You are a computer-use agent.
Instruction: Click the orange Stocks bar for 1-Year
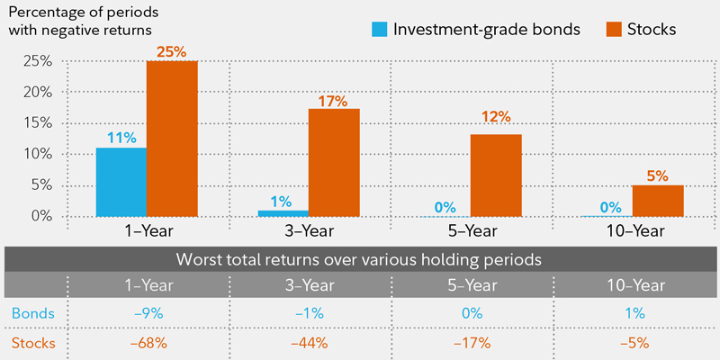[172, 139]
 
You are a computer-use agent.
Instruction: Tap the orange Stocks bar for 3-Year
[334, 162]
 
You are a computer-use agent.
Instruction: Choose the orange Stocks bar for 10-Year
[658, 200]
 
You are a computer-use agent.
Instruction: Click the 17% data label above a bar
[334, 101]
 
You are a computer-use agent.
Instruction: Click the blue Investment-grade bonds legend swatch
[379, 29]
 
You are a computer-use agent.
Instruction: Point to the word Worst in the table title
[200, 259]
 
